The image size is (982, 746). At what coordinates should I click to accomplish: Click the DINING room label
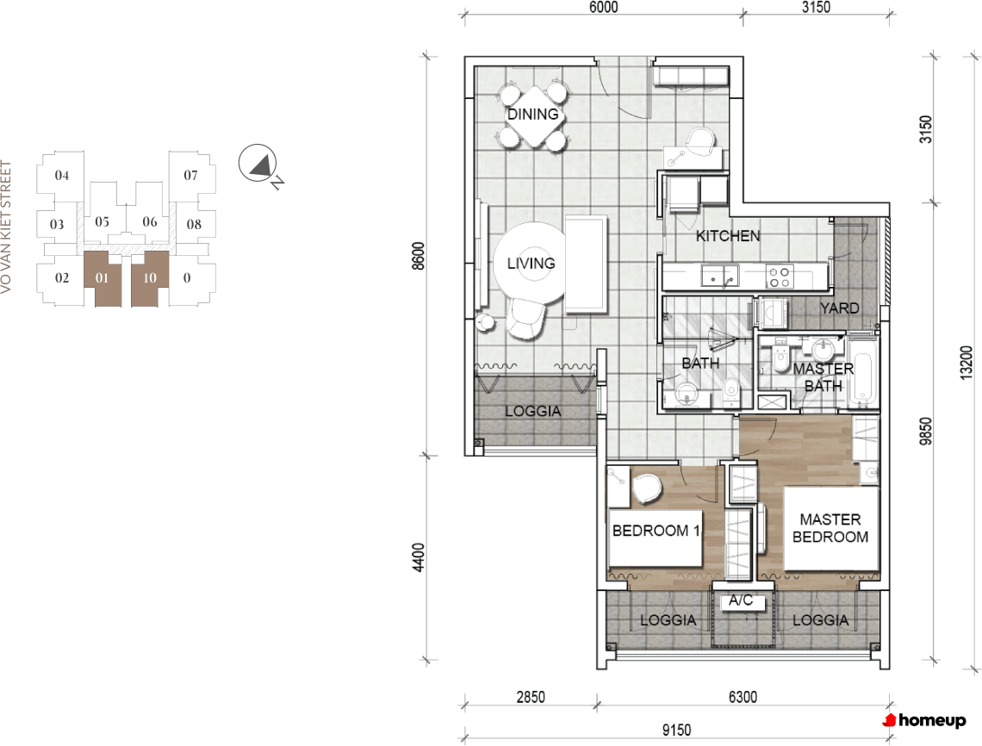pos(532,114)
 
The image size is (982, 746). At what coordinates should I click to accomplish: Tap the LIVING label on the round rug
pos(531,263)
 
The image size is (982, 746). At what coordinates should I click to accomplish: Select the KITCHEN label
pos(728,235)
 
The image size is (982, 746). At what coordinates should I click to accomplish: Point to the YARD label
pos(839,308)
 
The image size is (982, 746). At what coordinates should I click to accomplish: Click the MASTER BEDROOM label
pos(830,528)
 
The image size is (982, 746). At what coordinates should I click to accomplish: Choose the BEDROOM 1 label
pos(656,531)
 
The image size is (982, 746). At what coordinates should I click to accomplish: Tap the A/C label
pos(740,600)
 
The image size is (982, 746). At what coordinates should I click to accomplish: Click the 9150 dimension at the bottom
pos(676,730)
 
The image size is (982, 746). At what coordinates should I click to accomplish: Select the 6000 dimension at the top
pos(604,7)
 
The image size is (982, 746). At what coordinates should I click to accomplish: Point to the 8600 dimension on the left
pos(419,256)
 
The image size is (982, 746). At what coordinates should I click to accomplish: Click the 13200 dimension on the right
pos(966,362)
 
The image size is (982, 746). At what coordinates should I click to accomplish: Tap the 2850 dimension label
pos(531,697)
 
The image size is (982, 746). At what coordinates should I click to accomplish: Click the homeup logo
pos(924,720)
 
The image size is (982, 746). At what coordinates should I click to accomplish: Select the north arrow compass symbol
pos(258,165)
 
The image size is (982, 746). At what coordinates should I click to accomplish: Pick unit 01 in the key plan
pos(103,278)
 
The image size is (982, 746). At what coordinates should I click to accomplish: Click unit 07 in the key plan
pos(191,176)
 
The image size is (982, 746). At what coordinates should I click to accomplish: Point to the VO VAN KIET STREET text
pos(6,227)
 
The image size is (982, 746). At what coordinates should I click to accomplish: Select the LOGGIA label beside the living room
pos(533,411)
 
